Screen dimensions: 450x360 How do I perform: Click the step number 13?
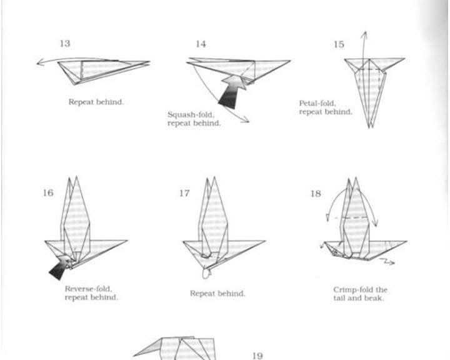tap(65, 43)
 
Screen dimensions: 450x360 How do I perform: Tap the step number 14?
tap(201, 44)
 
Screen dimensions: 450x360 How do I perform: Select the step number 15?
tap(339, 44)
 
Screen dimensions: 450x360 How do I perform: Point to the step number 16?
tap(48, 192)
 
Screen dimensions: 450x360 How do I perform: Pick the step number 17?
tap(184, 193)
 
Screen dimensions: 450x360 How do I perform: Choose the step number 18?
tap(316, 194)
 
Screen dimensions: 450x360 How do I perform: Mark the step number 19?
tap(257, 356)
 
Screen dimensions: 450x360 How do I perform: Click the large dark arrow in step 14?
tap(232, 92)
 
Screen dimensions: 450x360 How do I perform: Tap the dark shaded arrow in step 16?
tap(60, 267)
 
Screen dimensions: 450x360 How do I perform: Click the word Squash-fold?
tap(191, 115)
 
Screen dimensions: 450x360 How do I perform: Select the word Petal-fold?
tap(317, 103)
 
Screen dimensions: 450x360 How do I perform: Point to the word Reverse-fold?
tap(88, 289)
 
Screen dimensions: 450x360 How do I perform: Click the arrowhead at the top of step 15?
tap(364, 32)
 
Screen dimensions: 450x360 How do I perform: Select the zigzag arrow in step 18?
tap(387, 261)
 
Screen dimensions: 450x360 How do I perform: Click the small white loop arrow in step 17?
tap(206, 273)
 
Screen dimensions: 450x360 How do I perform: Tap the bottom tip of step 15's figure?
tap(370, 127)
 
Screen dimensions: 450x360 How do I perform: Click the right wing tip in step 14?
tap(290, 61)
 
